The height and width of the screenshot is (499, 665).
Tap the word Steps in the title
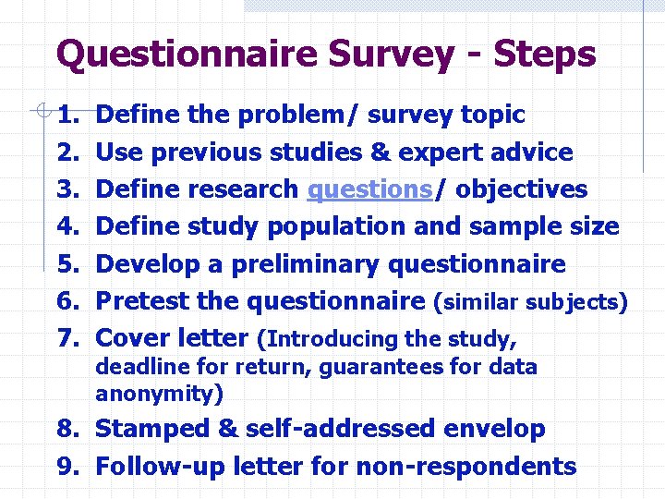point(544,55)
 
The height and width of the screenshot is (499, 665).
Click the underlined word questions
point(369,189)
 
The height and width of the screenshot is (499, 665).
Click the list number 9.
point(66,467)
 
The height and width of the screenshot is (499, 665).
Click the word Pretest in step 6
point(141,301)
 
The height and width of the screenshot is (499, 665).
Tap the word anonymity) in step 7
point(159,394)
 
